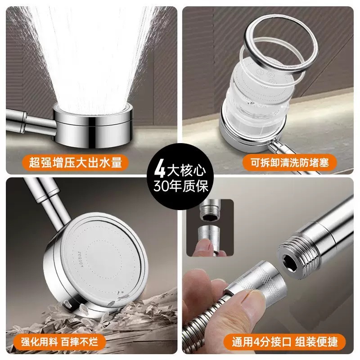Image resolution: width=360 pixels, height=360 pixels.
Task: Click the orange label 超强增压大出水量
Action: coord(75,162)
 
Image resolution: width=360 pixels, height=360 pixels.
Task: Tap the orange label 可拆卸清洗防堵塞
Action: coord(289,163)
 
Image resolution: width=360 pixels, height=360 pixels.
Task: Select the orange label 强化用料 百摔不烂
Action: coord(60,342)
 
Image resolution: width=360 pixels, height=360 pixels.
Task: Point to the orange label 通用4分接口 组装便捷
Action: coord(285,342)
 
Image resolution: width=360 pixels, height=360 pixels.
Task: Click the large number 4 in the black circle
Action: coord(160,170)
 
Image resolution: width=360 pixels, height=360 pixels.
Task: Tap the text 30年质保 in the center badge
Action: coord(181,186)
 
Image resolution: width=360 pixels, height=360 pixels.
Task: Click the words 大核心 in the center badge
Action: coord(186,171)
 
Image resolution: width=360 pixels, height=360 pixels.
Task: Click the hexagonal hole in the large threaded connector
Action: coord(289,262)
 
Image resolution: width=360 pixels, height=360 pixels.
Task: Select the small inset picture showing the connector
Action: coord(210,228)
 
